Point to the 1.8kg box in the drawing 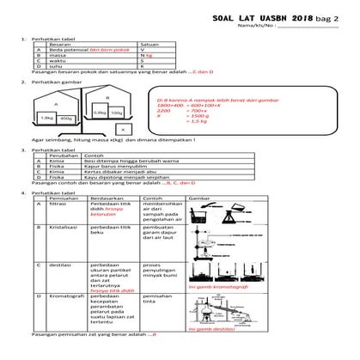coord(48,118)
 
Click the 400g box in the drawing coord(66,119)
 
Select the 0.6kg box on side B coord(100,112)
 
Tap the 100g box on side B coord(116,113)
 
